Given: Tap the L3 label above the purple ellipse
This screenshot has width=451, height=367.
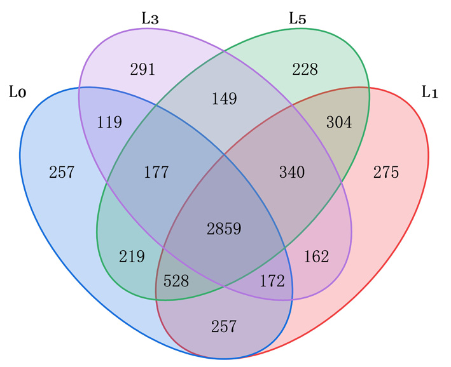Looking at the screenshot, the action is click(x=150, y=18).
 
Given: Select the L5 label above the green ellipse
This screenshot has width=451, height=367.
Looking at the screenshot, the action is click(x=298, y=18).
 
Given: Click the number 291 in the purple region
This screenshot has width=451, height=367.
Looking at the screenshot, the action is click(x=142, y=69).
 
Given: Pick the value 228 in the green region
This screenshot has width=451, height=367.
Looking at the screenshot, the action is click(x=305, y=69).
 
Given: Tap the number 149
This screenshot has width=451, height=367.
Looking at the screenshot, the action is click(x=225, y=98).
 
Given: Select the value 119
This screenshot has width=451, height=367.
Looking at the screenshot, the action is click(x=109, y=122).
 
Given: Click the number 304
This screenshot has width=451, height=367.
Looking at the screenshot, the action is click(x=339, y=122).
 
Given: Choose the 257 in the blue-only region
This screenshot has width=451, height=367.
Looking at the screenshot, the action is click(x=62, y=172).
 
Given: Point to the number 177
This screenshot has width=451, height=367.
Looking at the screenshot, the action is click(x=156, y=172).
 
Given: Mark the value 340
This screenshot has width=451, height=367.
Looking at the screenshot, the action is click(x=292, y=172).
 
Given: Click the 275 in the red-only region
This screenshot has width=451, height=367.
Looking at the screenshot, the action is click(x=386, y=172).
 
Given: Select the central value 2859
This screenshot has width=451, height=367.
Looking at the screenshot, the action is click(x=224, y=229).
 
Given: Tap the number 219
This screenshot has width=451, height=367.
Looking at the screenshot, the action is click(x=132, y=256).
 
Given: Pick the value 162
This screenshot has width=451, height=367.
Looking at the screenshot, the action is click(x=316, y=256).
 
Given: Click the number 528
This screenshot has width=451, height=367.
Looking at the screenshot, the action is click(x=176, y=281).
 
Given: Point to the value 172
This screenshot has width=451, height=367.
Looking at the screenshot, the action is click(x=272, y=281).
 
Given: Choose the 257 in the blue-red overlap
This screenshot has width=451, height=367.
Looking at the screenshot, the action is click(x=224, y=326).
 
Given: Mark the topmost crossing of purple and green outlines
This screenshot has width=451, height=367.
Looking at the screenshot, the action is click(x=224, y=51).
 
